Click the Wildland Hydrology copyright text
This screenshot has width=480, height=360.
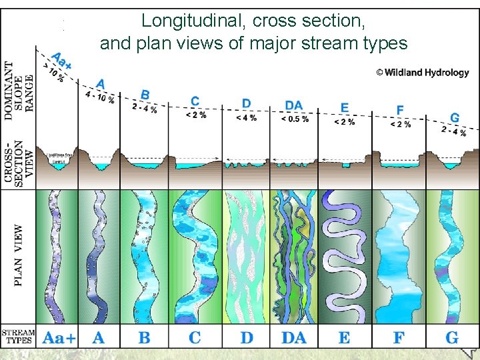(422, 73)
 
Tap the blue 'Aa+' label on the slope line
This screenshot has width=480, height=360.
(62, 62)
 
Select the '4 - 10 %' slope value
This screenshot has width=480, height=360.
(100, 97)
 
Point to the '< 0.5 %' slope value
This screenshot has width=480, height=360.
(295, 119)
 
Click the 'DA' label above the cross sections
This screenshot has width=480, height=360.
(293, 105)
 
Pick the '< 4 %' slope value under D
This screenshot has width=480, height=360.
(246, 118)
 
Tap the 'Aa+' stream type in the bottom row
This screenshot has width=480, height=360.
(58, 337)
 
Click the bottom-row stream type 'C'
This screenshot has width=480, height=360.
(195, 337)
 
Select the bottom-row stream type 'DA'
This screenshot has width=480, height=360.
(294, 337)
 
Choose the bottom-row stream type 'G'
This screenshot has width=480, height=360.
(452, 337)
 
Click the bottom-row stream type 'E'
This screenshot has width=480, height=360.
(344, 337)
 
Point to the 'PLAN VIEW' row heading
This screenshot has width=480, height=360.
(18, 255)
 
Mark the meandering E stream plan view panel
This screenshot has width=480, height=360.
(345, 256)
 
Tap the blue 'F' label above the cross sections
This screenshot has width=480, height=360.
(400, 109)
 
